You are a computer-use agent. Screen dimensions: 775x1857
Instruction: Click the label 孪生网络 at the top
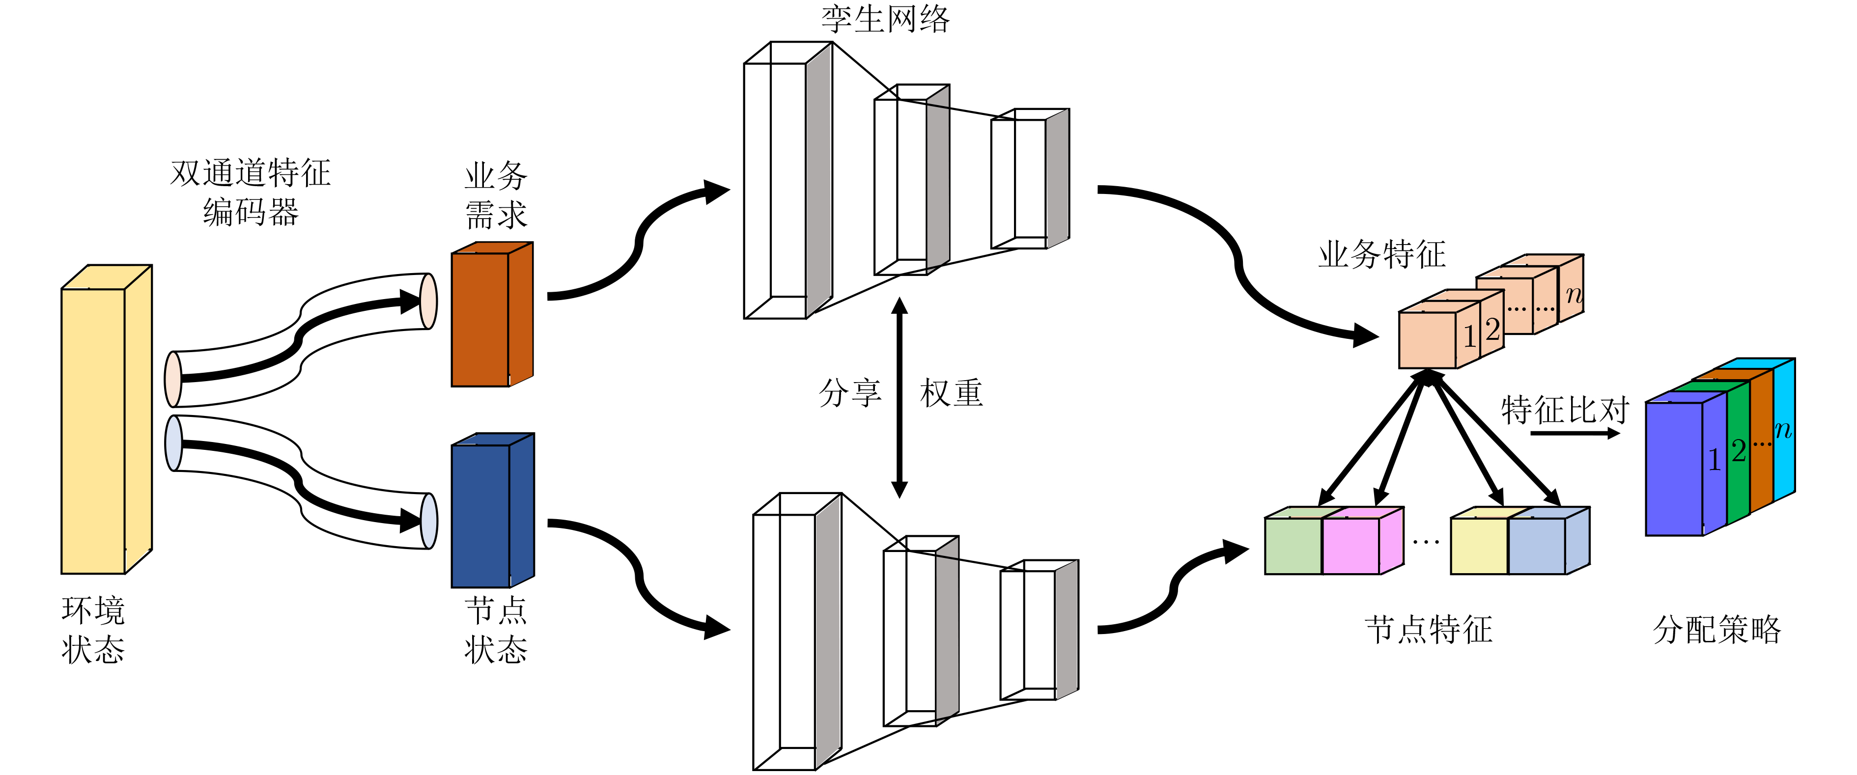pyautogui.click(x=885, y=19)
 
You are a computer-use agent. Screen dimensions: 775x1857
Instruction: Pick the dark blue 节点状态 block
pyautogui.click(x=481, y=516)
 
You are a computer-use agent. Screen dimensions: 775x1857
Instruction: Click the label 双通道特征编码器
pyautogui.click(x=250, y=193)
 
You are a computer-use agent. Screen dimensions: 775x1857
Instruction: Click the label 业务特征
pyautogui.click(x=1381, y=254)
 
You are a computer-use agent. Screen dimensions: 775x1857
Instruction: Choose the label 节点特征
pyautogui.click(x=1428, y=629)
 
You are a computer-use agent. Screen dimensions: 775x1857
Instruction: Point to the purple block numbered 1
pyautogui.click(x=1674, y=469)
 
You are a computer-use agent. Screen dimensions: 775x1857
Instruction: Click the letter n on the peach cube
pyautogui.click(x=1574, y=294)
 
